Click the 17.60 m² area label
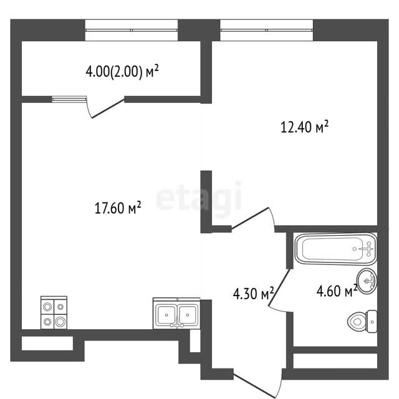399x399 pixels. click(x=118, y=208)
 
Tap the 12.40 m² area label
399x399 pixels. click(x=304, y=127)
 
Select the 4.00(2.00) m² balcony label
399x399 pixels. click(x=122, y=71)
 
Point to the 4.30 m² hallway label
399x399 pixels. click(x=254, y=293)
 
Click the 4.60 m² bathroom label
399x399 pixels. click(x=337, y=291)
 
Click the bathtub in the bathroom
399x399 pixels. click(x=335, y=249)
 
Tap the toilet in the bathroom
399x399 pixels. click(x=362, y=322)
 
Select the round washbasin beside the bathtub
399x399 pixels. click(x=367, y=281)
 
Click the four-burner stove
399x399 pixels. click(x=54, y=312)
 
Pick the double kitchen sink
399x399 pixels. click(x=176, y=313)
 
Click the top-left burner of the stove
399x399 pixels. click(x=47, y=307)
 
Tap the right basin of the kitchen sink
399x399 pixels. click(x=188, y=315)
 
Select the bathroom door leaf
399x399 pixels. click(x=280, y=287)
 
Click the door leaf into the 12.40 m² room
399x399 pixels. click(x=250, y=218)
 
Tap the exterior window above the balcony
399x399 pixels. click(x=132, y=30)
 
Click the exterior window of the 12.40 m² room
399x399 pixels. click(x=266, y=30)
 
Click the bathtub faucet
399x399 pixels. click(x=368, y=249)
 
